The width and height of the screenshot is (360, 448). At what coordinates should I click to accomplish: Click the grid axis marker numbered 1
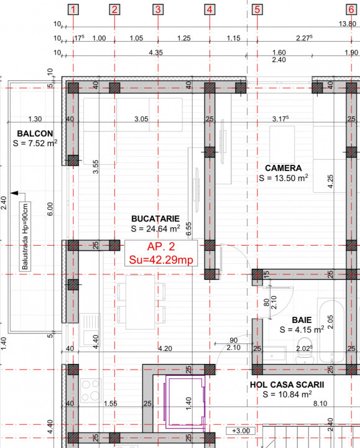[x=74, y=9]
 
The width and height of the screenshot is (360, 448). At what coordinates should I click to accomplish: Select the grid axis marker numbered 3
[x=158, y=9]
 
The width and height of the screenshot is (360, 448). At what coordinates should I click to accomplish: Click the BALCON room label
[x=35, y=133]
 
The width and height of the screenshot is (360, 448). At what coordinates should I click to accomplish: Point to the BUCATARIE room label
[x=155, y=218]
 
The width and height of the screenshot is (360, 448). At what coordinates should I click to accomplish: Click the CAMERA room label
[x=283, y=168]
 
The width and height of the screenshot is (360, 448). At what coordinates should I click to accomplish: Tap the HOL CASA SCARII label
[x=287, y=385]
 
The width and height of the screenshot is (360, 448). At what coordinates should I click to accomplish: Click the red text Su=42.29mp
[x=160, y=259]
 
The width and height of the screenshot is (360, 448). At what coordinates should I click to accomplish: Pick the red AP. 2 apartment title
[x=160, y=247]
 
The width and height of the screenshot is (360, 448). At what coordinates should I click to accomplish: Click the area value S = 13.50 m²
[x=284, y=178]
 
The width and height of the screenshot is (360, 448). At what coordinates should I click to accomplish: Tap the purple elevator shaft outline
[x=184, y=404]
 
